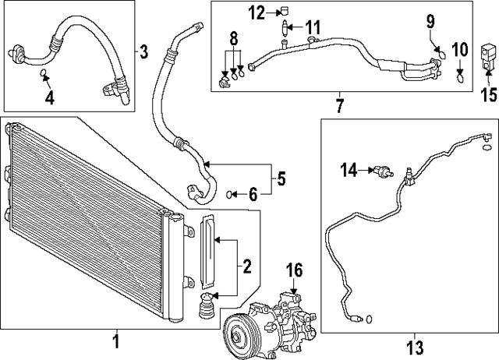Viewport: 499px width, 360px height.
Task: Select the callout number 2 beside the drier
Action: [x=246, y=267]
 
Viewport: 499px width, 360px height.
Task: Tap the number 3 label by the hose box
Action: [x=144, y=52]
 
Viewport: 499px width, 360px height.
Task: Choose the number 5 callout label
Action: [x=280, y=178]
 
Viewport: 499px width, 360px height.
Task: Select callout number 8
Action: [x=233, y=39]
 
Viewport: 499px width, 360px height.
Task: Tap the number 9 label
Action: [x=431, y=23]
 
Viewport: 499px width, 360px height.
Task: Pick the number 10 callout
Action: [x=460, y=51]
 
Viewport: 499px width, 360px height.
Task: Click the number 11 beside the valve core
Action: [x=313, y=29]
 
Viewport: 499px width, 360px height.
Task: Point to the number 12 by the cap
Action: [x=257, y=12]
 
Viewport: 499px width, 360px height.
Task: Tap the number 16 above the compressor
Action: [x=292, y=272]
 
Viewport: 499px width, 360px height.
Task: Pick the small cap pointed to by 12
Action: [x=285, y=12]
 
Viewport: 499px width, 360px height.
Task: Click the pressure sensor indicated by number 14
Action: [x=381, y=170]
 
